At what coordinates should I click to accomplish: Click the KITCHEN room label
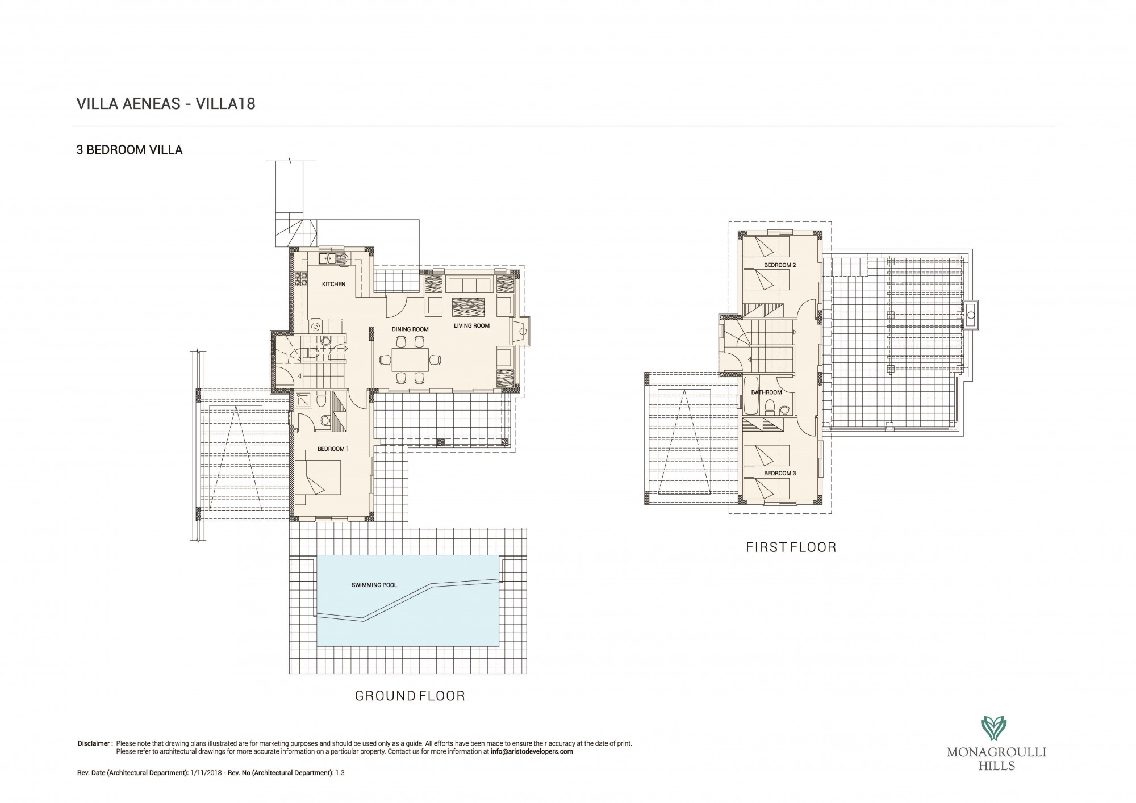click(x=333, y=284)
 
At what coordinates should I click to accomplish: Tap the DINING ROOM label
click(x=410, y=329)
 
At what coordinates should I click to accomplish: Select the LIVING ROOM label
click(x=471, y=325)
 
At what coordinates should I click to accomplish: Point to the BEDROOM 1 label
click(x=333, y=449)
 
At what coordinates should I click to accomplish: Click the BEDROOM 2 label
click(x=780, y=265)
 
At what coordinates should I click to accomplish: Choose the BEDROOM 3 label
click(x=780, y=473)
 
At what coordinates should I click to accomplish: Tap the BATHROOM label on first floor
click(x=766, y=392)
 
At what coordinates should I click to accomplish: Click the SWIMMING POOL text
click(x=374, y=585)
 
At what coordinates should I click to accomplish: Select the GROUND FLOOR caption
click(x=410, y=696)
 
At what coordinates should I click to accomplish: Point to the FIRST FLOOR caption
click(x=791, y=547)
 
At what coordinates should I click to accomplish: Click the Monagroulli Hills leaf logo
click(x=996, y=729)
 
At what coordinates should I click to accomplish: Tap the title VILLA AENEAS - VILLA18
click(x=166, y=104)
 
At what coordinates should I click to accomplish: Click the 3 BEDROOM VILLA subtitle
click(x=130, y=150)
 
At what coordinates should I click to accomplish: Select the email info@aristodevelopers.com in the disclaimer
click(x=532, y=751)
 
